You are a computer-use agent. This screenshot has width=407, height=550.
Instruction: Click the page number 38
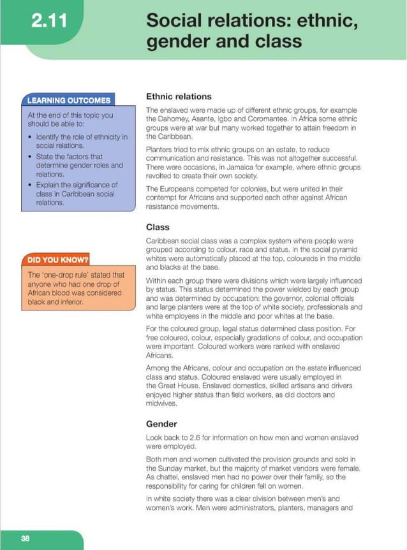pyautogui.click(x=25, y=539)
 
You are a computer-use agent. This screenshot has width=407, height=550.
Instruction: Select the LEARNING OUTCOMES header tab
pyautogui.click(x=68, y=100)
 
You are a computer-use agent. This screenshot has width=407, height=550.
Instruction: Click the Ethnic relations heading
pyautogui.click(x=179, y=97)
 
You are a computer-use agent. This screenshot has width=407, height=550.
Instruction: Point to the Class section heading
pyautogui.click(x=158, y=227)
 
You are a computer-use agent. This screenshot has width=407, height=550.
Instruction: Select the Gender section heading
pyautogui.click(x=161, y=424)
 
